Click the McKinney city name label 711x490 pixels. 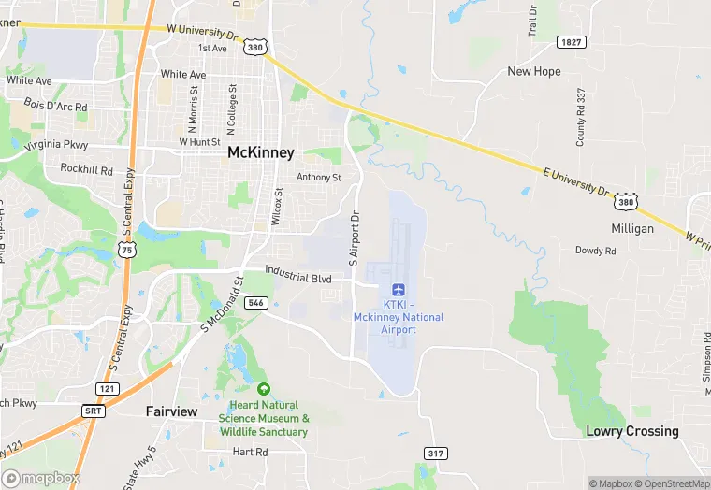click(261, 152)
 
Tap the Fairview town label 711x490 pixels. click(173, 411)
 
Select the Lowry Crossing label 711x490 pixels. click(632, 431)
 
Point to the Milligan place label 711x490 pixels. click(632, 228)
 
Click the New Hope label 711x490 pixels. click(533, 71)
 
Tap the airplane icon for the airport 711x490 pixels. click(399, 289)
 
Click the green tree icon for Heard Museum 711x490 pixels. click(263, 389)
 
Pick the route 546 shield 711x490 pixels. click(255, 303)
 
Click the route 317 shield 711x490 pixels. click(434, 454)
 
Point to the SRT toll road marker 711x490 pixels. click(94, 411)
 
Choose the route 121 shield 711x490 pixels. click(108, 387)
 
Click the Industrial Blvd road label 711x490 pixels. click(298, 278)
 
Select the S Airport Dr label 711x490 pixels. click(355, 238)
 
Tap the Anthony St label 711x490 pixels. click(319, 178)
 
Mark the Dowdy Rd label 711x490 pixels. click(596, 251)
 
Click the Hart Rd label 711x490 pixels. click(250, 452)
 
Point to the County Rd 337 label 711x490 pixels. click(581, 117)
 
